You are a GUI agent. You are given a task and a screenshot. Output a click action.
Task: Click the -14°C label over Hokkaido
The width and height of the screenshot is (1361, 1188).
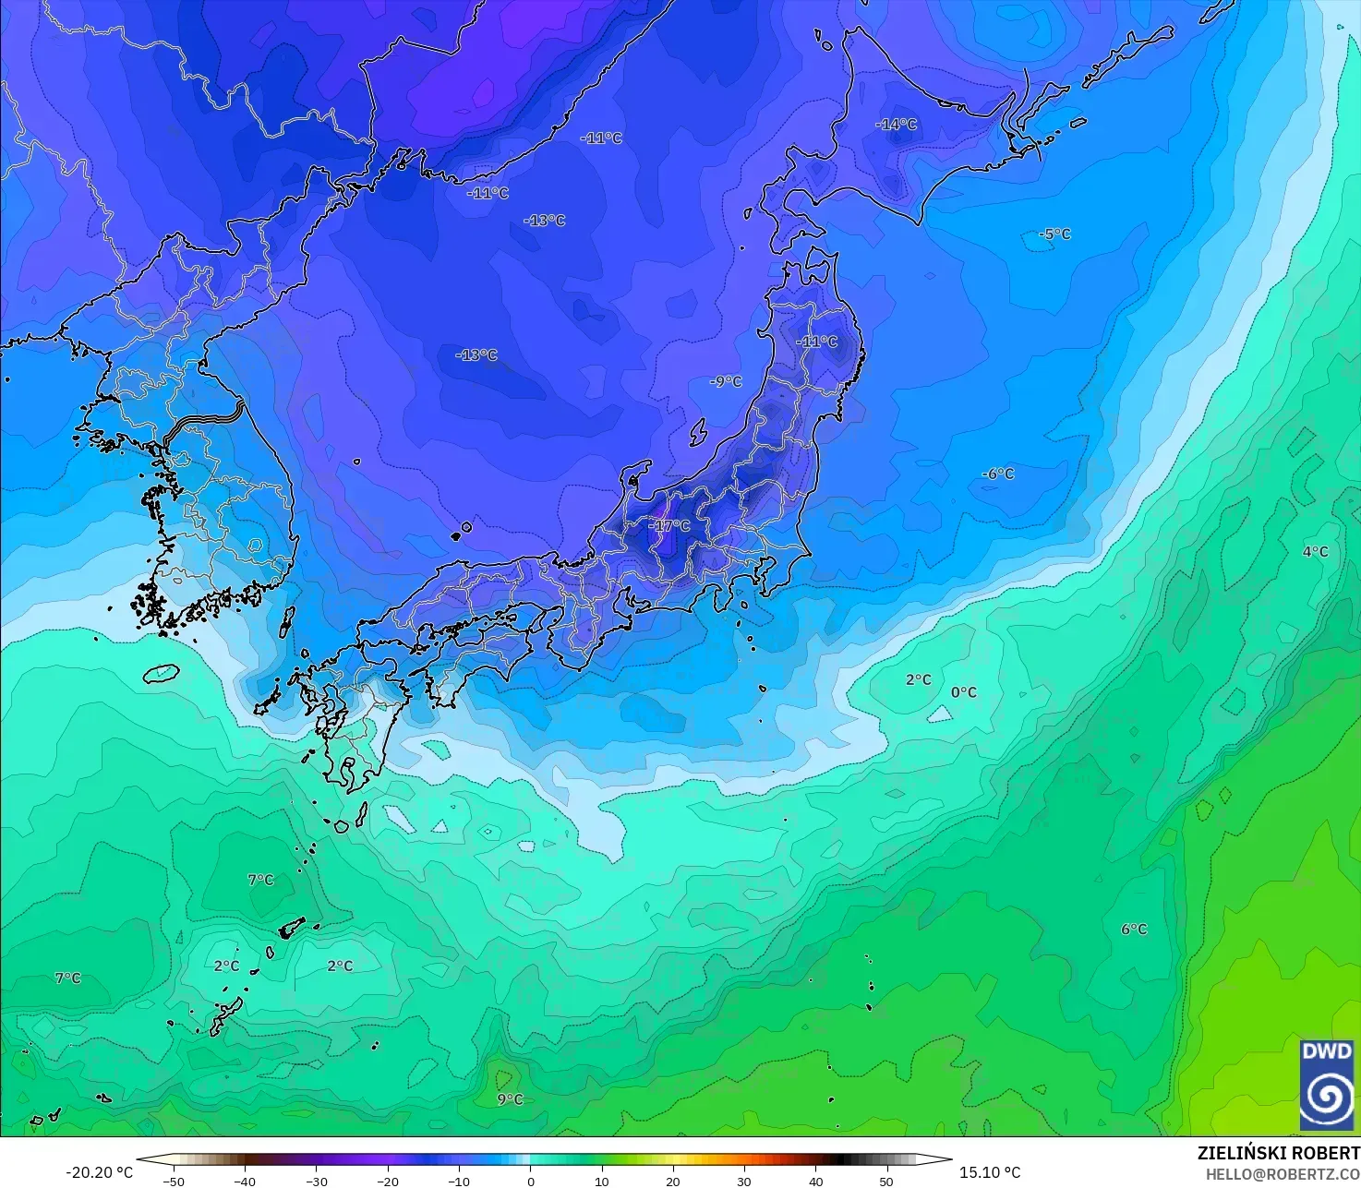pos(897,124)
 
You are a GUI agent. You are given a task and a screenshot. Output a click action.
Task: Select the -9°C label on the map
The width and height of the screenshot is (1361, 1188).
pos(726,381)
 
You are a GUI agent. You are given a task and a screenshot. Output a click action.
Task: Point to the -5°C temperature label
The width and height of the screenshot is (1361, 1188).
pos(1054,234)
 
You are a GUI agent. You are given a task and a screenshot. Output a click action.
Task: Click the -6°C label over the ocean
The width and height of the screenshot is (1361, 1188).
pos(997,474)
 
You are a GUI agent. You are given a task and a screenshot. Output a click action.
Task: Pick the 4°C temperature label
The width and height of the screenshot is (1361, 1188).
pos(1315,552)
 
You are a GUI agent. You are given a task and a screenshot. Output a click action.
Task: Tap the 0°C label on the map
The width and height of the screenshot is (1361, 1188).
pos(963,692)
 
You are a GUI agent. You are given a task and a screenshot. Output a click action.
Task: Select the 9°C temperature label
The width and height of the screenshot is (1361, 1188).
pos(510,1098)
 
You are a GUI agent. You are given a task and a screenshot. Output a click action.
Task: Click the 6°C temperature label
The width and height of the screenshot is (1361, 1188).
pos(1134,930)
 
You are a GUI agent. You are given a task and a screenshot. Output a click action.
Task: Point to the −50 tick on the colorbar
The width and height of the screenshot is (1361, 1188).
pos(173,1181)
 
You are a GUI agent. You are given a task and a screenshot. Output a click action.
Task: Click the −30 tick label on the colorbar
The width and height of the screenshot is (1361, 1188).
pos(316,1181)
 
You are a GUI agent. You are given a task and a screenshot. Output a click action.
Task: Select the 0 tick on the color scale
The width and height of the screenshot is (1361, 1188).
pos(530,1181)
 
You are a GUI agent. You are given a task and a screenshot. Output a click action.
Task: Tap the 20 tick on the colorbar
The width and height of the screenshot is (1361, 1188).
pos(673,1181)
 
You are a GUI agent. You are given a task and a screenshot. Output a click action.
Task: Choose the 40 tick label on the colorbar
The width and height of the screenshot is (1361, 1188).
pos(815,1181)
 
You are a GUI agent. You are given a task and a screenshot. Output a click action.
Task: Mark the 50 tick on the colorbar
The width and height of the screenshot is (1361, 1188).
pos(886,1181)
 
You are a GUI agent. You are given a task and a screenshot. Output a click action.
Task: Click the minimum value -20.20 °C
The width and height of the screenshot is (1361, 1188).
pos(100,1172)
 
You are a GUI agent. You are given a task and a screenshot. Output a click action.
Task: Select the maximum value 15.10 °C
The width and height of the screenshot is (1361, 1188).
pos(990,1172)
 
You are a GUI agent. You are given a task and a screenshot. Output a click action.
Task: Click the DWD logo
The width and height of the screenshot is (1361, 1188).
pos(1327,1085)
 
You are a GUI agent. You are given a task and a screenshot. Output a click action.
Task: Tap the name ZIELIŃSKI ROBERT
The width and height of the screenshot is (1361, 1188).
pos(1279,1153)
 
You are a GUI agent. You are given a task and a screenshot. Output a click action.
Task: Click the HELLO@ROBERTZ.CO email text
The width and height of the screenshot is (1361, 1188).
pos(1283,1173)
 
